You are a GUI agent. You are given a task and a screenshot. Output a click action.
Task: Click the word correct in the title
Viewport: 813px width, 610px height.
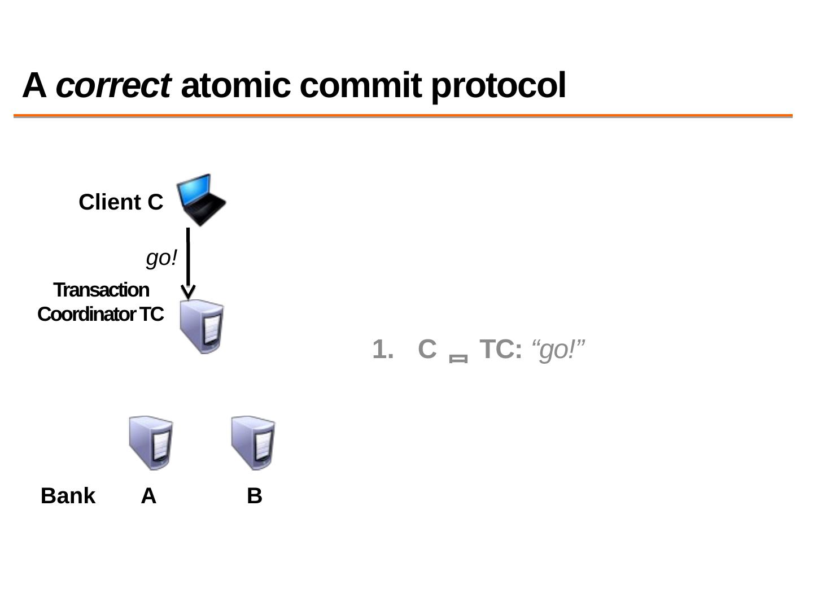click(x=113, y=86)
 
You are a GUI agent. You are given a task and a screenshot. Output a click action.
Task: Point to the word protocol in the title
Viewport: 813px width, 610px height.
click(x=498, y=86)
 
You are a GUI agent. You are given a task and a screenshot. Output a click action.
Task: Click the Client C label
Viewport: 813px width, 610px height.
click(x=121, y=202)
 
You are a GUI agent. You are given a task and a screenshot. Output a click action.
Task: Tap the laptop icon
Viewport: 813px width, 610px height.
click(x=201, y=200)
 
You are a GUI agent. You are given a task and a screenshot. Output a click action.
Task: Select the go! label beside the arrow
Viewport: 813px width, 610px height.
click(x=161, y=258)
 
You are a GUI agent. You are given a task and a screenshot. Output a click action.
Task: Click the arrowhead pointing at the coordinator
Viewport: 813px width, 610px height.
click(x=188, y=293)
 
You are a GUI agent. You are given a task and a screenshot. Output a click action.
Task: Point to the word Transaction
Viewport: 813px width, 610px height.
click(x=102, y=290)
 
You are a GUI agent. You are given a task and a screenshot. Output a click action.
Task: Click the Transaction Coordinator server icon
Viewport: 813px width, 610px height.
click(x=202, y=326)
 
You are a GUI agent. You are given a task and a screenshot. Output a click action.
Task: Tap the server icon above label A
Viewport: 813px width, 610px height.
click(x=151, y=443)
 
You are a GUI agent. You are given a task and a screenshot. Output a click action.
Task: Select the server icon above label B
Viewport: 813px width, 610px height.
click(x=253, y=443)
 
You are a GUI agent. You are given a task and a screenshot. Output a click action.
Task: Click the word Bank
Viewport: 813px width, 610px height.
click(x=68, y=496)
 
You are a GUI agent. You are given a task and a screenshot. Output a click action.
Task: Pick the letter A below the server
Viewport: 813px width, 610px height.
click(x=148, y=496)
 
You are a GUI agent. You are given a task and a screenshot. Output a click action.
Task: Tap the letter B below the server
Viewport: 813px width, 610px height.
click(x=254, y=496)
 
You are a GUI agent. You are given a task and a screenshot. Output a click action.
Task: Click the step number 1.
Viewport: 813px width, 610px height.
click(x=382, y=350)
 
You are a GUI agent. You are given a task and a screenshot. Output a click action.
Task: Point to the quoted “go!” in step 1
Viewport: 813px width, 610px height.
click(x=558, y=350)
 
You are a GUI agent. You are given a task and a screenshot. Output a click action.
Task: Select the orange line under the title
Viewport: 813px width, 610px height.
click(x=403, y=116)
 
